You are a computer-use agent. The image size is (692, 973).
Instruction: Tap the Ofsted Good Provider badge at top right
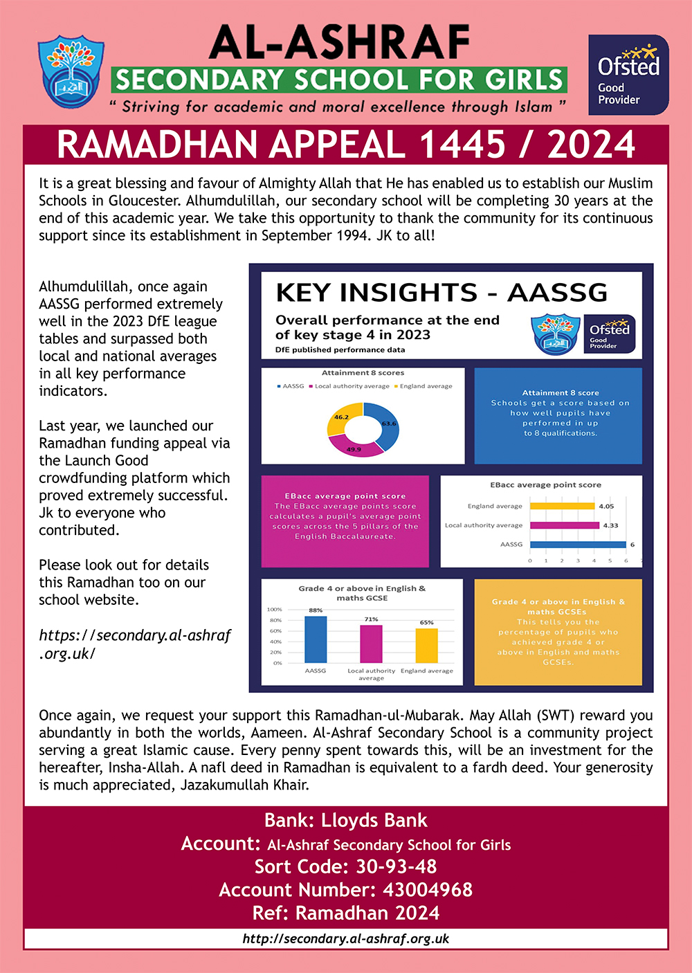pyautogui.click(x=628, y=75)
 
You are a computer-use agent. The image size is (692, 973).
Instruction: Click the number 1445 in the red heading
pyautogui.click(x=462, y=145)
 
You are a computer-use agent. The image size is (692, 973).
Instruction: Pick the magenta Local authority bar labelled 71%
pyautogui.click(x=371, y=644)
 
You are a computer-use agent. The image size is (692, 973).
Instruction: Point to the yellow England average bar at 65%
pyautogui.click(x=426, y=645)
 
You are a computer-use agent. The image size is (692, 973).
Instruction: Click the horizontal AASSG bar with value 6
pyautogui.click(x=578, y=545)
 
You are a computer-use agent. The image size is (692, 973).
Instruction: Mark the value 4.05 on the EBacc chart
pyautogui.click(x=606, y=506)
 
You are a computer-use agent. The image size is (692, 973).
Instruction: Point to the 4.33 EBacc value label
pyautogui.click(x=610, y=525)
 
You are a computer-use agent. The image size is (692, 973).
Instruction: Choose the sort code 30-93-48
pyautogui.click(x=396, y=866)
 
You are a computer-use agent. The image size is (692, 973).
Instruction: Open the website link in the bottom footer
pyautogui.click(x=346, y=939)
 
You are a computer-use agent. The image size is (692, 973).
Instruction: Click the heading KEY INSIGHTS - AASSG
pyautogui.click(x=441, y=293)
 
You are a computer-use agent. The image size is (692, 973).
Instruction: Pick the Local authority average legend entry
pyautogui.click(x=352, y=386)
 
